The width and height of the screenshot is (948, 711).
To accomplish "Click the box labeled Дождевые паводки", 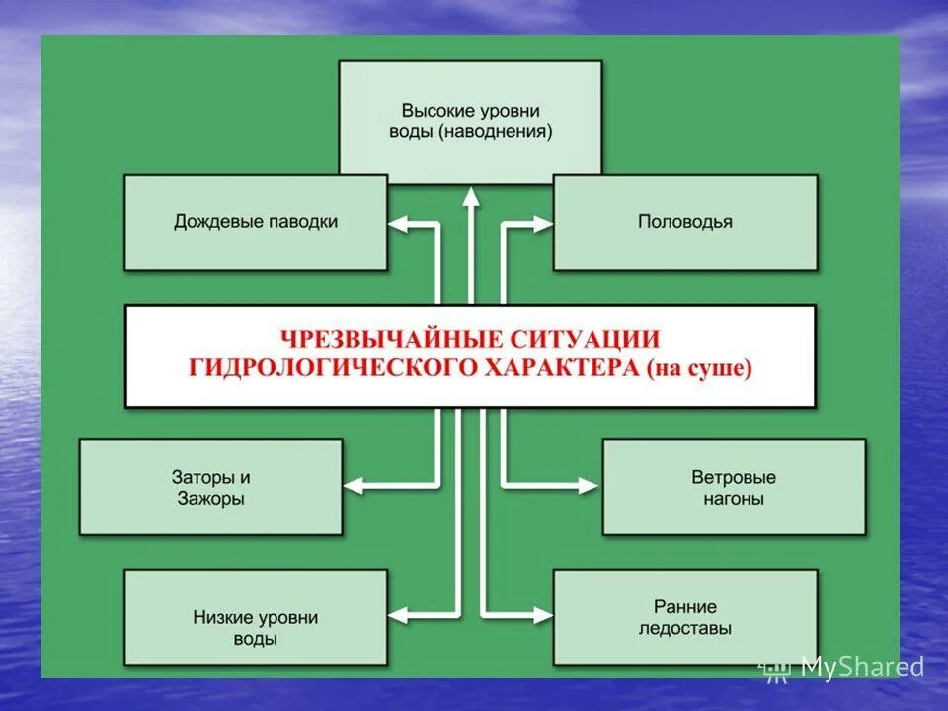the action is point(255,222).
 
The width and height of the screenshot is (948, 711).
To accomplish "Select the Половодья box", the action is point(684,222).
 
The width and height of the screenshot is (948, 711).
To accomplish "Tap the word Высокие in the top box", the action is point(436,111).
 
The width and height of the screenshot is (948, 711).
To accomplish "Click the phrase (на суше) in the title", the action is point(701,369).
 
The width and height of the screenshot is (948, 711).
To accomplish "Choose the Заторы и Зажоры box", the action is point(210,487).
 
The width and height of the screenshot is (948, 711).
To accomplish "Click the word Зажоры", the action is point(211,499).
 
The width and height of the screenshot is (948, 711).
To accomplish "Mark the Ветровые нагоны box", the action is point(734,487).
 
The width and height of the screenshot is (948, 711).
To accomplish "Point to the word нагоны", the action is point(734,499).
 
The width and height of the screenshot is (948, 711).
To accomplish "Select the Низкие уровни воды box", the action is point(255,616).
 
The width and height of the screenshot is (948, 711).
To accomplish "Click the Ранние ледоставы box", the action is point(684,616).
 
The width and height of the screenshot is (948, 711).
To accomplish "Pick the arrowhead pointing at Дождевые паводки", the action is point(398,225).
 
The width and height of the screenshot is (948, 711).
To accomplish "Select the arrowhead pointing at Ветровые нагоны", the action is point(590,485).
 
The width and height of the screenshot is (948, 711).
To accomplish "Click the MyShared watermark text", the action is point(861,668).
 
